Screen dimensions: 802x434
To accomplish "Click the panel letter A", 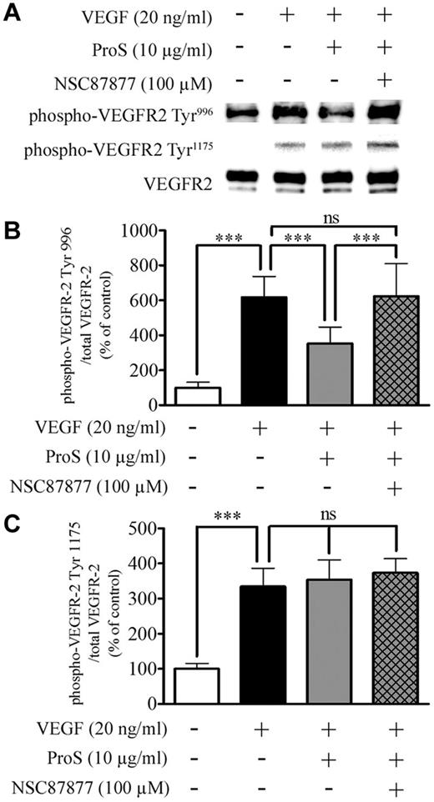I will (x=11, y=13).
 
